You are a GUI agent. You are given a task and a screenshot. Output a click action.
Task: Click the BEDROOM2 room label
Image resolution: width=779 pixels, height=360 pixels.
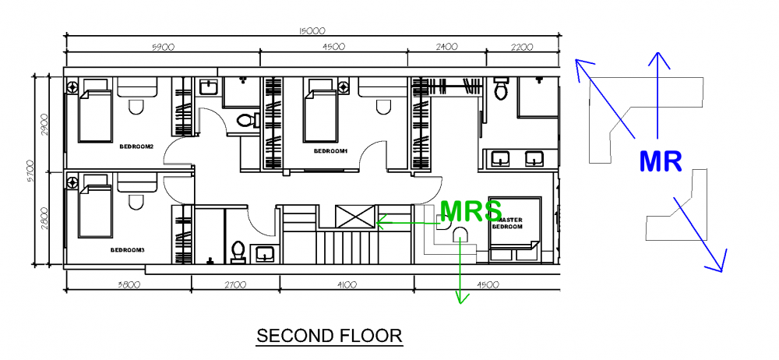pos(136,146)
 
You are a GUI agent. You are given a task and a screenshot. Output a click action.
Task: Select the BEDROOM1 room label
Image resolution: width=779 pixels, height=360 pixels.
pos(330,150)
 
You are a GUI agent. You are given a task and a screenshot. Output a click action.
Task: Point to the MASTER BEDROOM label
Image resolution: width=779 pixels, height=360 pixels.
pos(506,223)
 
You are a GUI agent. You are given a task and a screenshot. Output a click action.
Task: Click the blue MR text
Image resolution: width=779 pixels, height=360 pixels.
pos(661,161)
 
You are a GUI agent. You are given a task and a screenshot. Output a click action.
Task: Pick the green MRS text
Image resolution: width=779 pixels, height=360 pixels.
pos(471,211)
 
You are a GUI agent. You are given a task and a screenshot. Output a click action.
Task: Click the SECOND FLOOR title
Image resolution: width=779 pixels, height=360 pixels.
pos(329,336)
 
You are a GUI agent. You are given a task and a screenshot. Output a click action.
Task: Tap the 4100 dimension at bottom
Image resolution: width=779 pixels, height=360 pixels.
pos(341,284)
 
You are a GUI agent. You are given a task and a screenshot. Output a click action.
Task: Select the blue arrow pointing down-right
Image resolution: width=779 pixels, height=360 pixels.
pos(701,234)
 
